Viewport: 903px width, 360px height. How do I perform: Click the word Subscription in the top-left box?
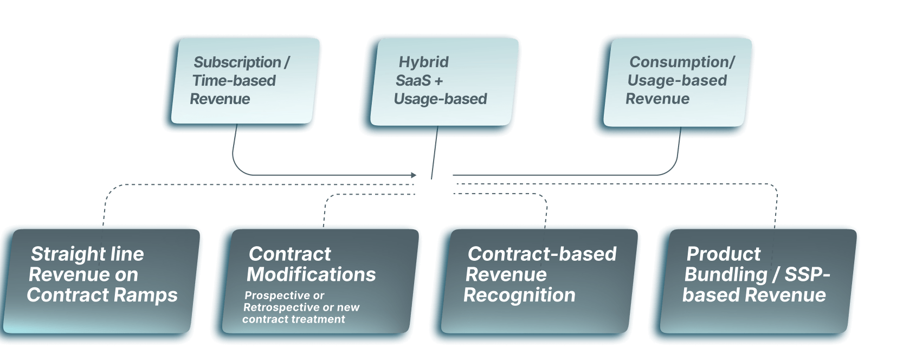pyautogui.click(x=237, y=62)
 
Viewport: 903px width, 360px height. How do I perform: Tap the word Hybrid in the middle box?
pyautogui.click(x=423, y=62)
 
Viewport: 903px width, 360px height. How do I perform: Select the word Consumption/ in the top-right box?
pyautogui.click(x=682, y=62)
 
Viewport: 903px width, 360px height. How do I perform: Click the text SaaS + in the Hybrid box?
pyautogui.click(x=419, y=81)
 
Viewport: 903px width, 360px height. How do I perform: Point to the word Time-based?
pyautogui.click(x=234, y=81)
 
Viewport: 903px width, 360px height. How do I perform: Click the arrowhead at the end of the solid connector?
pyautogui.click(x=414, y=175)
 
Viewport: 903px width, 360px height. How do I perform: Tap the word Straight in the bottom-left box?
pyautogui.click(x=63, y=254)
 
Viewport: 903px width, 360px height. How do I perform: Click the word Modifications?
pyautogui.click(x=311, y=274)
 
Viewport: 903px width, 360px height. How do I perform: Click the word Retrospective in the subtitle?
pyautogui.click(x=281, y=307)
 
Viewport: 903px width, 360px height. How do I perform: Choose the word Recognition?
pyautogui.click(x=519, y=295)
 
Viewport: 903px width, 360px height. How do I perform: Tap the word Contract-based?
pyautogui.click(x=542, y=254)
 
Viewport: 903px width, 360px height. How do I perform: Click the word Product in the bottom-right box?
pyautogui.click(x=723, y=254)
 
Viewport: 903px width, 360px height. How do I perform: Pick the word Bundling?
pyautogui.click(x=726, y=275)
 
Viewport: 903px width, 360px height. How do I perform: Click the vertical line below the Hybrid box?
pyautogui.click(x=435, y=152)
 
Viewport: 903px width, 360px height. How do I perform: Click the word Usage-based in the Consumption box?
pyautogui.click(x=677, y=81)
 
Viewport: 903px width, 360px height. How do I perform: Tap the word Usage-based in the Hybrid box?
pyautogui.click(x=440, y=99)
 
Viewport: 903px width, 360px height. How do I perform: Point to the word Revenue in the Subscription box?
pyautogui.click(x=220, y=99)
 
